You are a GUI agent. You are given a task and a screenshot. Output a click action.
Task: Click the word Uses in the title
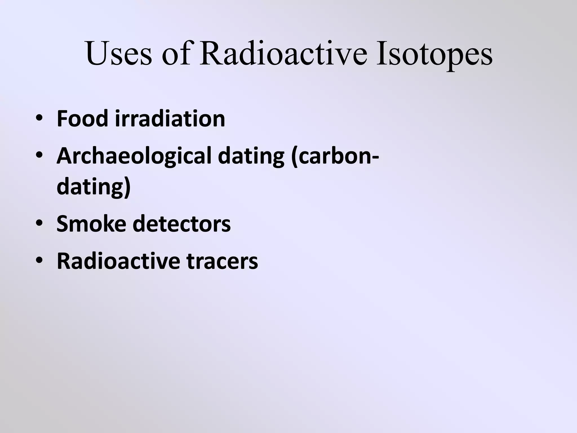[x=119, y=54]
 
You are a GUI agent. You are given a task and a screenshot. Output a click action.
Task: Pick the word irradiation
[x=170, y=119]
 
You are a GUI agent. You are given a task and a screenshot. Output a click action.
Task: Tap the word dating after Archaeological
[x=251, y=157]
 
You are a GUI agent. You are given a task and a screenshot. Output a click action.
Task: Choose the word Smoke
[x=91, y=224]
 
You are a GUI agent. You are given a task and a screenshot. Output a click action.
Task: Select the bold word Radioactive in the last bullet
[x=118, y=261]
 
